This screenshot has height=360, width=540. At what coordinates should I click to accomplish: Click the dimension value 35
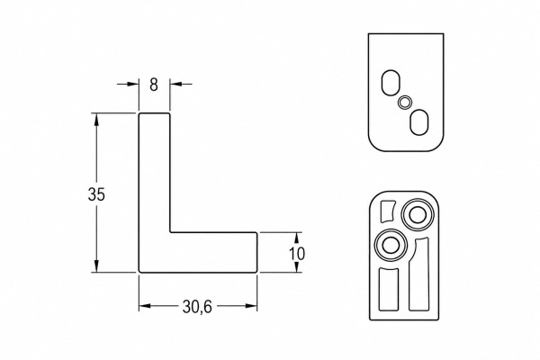pyautogui.click(x=96, y=194)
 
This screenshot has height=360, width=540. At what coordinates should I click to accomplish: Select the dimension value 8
pyautogui.click(x=154, y=85)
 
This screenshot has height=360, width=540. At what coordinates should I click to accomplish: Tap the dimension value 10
pyautogui.click(x=297, y=254)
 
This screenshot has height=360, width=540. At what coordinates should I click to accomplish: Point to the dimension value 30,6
pyautogui.click(x=197, y=307)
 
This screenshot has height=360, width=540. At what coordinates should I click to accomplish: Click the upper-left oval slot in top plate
pyautogui.click(x=391, y=83)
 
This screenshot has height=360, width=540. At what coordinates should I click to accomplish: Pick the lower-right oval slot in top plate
pyautogui.click(x=419, y=122)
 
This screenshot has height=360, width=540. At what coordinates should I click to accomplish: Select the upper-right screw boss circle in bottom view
pyautogui.click(x=418, y=214)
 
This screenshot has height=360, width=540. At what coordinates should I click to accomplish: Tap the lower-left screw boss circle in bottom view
pyautogui.click(x=391, y=246)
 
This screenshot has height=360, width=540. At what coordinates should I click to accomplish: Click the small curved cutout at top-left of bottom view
pyautogui.click(x=386, y=211)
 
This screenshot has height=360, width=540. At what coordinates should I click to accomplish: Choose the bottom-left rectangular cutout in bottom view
pyautogui.click(x=389, y=289)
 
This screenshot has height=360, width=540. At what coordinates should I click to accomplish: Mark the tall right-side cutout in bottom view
pyautogui.click(x=419, y=275)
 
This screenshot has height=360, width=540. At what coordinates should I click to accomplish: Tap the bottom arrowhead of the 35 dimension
pyautogui.click(x=96, y=266)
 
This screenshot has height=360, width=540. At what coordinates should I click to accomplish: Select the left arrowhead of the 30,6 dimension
pyautogui.click(x=145, y=306)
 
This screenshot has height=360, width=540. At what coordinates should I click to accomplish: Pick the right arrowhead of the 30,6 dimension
pyautogui.click(x=251, y=306)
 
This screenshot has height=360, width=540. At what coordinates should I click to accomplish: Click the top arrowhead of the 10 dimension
pyautogui.click(x=297, y=238)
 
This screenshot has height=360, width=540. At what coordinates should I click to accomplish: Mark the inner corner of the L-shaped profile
pyautogui.click(x=170, y=232)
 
